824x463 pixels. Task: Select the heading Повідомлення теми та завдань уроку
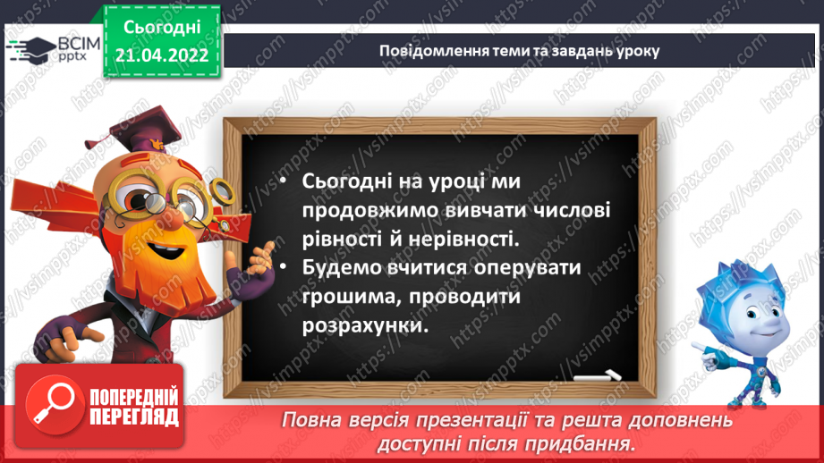click(x=520, y=51)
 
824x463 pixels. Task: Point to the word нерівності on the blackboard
click(x=469, y=240)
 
